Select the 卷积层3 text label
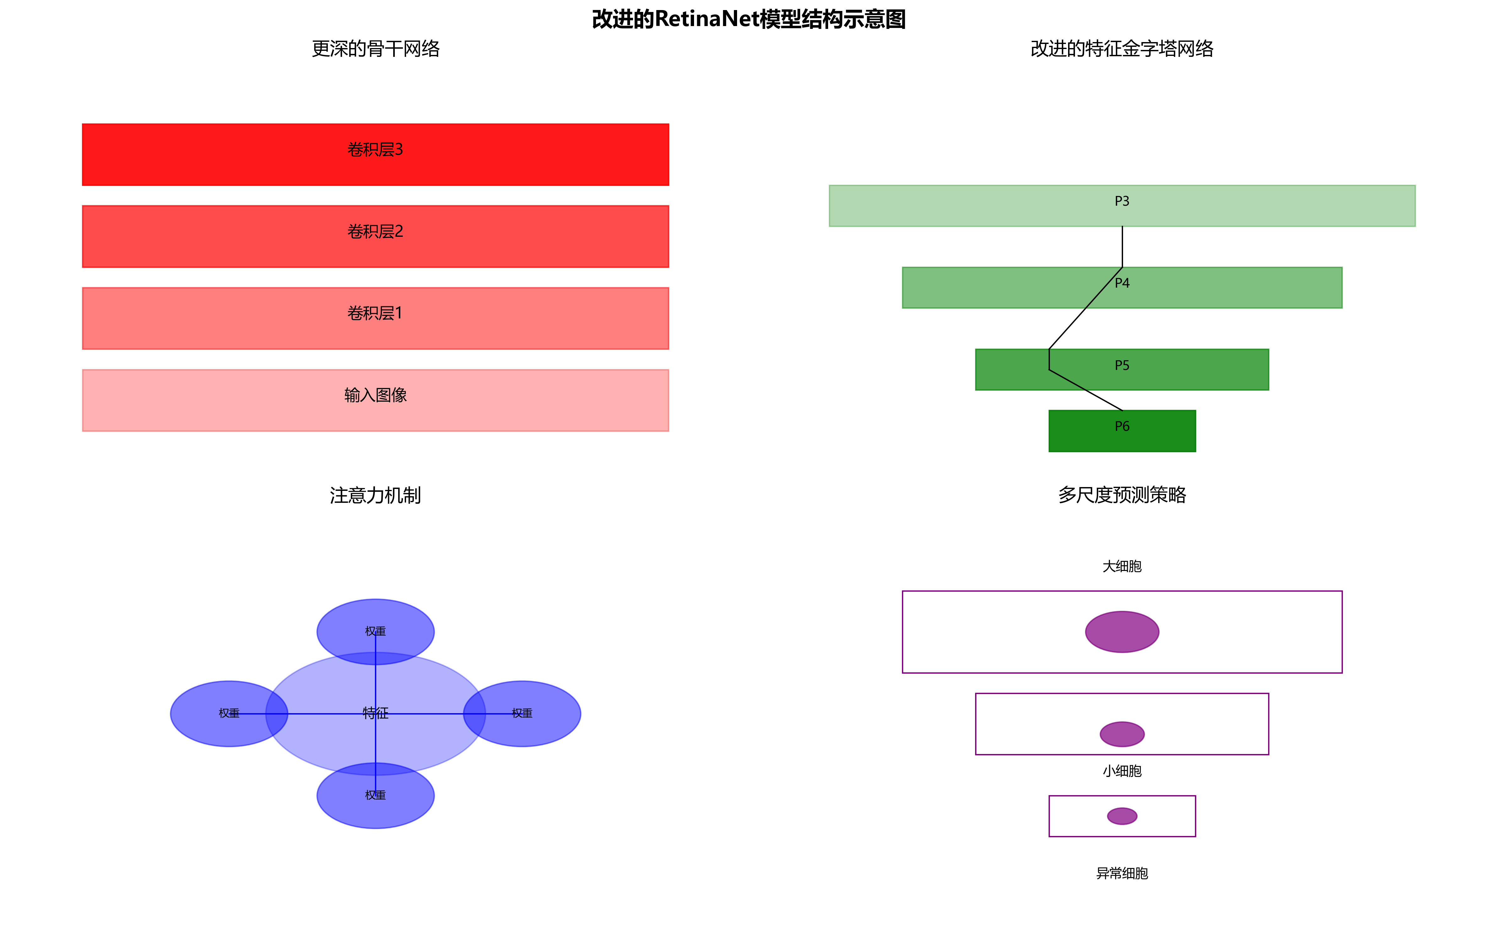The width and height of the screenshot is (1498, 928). click(x=375, y=150)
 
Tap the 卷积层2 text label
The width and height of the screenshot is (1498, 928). click(x=375, y=231)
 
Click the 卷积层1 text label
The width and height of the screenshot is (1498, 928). click(x=375, y=313)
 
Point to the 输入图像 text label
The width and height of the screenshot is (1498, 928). click(x=375, y=395)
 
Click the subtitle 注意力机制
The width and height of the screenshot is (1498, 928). click(x=375, y=495)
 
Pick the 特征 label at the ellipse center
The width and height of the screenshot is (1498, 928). click(x=375, y=713)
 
